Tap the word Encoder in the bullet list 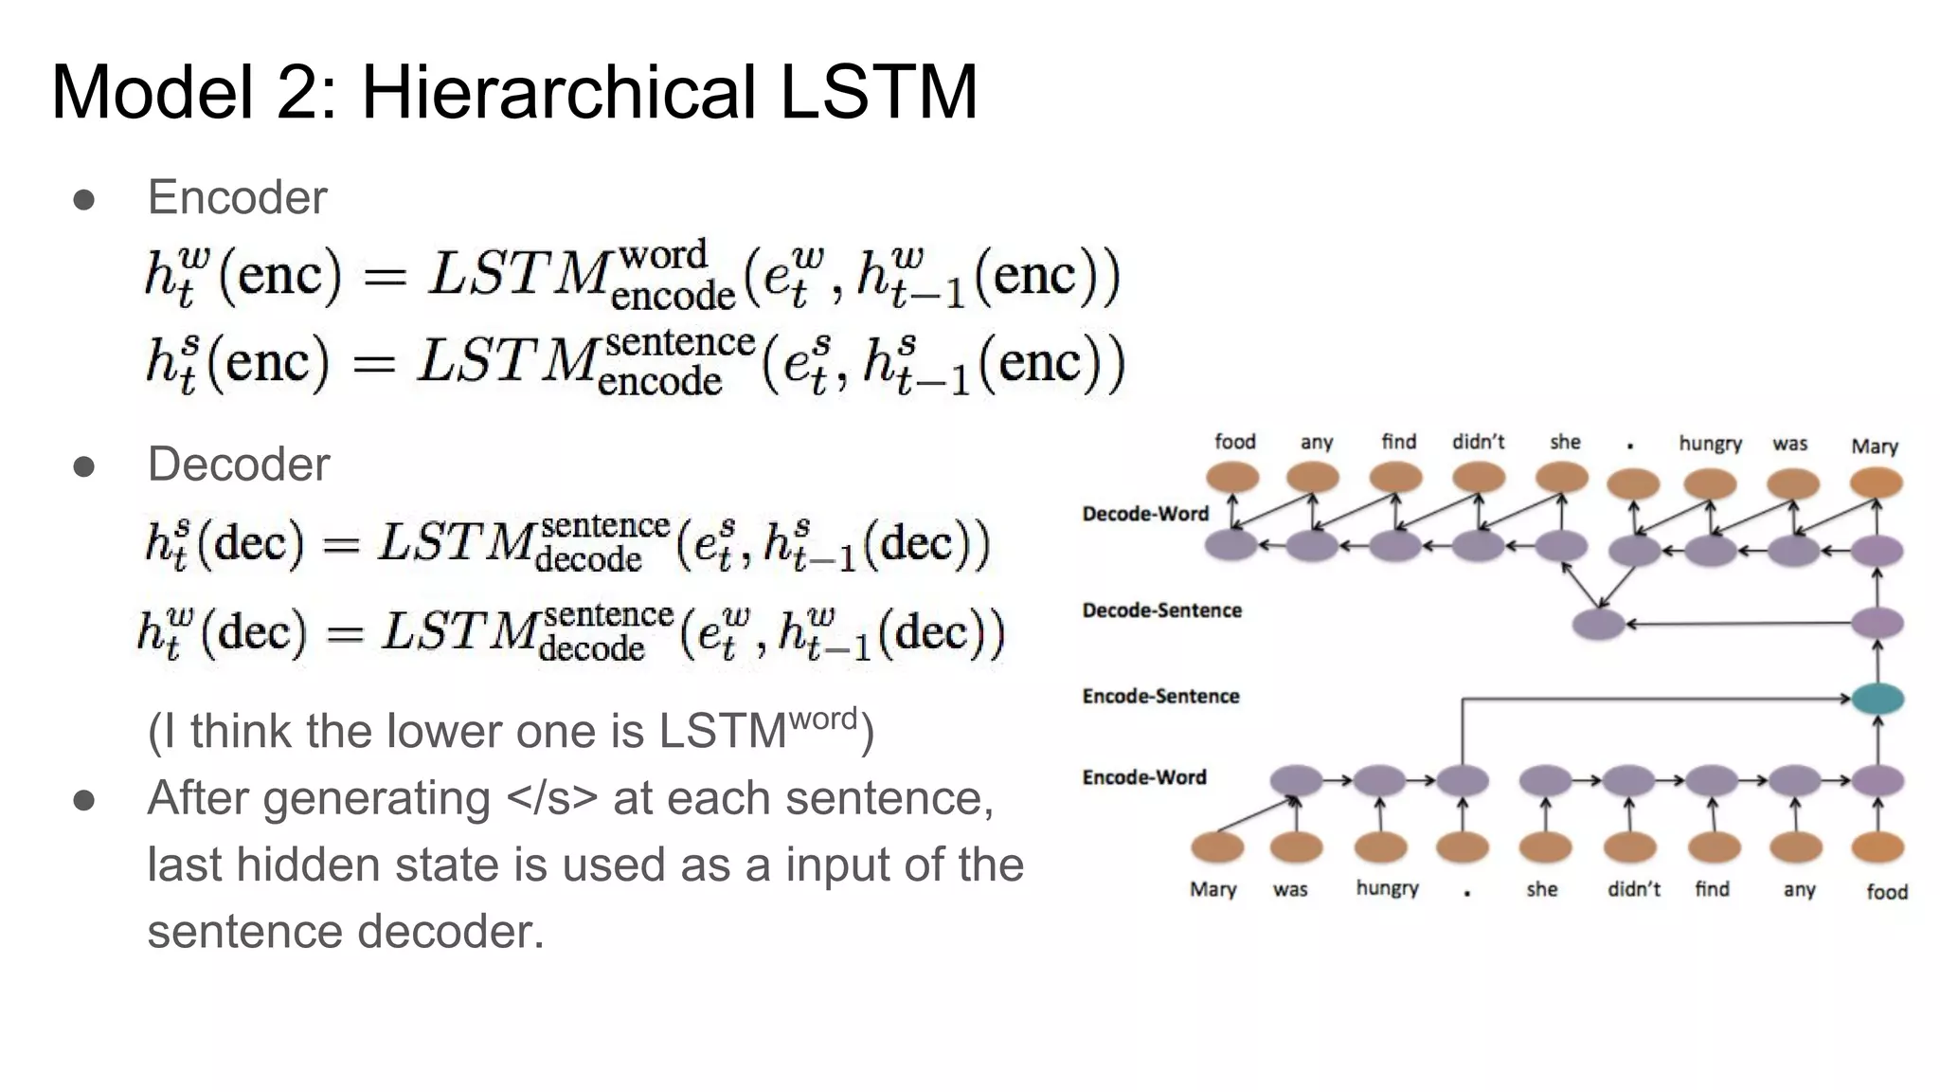237,198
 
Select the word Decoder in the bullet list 239,464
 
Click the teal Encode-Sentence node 1877,699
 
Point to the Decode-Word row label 1145,514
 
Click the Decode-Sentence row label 1161,610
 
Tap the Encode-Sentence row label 1160,697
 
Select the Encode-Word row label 1144,777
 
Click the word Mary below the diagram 1212,889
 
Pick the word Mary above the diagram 1874,446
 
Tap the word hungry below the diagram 1387,888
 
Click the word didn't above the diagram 1478,442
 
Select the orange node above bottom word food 1877,846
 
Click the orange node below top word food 1232,478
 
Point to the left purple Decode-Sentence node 1599,625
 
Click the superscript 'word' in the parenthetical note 822,719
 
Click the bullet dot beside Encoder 83,199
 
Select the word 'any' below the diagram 1798,889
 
